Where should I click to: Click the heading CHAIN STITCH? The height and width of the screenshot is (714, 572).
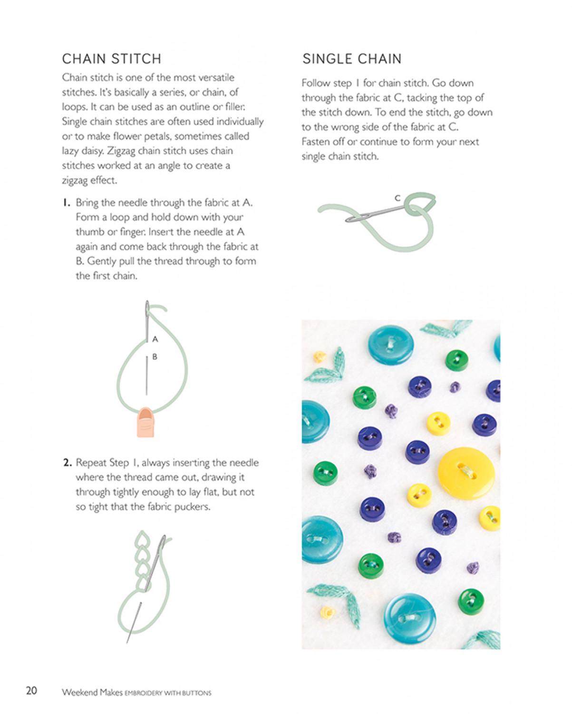click(x=112, y=59)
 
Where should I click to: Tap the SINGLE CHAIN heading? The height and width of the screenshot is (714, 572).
click(x=352, y=59)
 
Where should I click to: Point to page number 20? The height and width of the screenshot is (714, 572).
click(x=32, y=691)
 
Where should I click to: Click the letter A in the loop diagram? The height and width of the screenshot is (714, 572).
click(x=155, y=339)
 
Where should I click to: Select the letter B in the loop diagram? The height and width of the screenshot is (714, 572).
click(x=155, y=357)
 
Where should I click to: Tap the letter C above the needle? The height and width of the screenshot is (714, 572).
click(x=397, y=198)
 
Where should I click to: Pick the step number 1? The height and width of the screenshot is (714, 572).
click(x=66, y=203)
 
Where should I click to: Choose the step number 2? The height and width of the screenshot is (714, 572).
click(x=67, y=463)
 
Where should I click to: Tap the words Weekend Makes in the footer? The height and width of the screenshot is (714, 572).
click(x=92, y=692)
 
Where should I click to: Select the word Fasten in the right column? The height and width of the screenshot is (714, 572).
click(x=315, y=142)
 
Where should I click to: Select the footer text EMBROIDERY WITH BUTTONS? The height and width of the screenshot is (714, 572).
click(x=168, y=693)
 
